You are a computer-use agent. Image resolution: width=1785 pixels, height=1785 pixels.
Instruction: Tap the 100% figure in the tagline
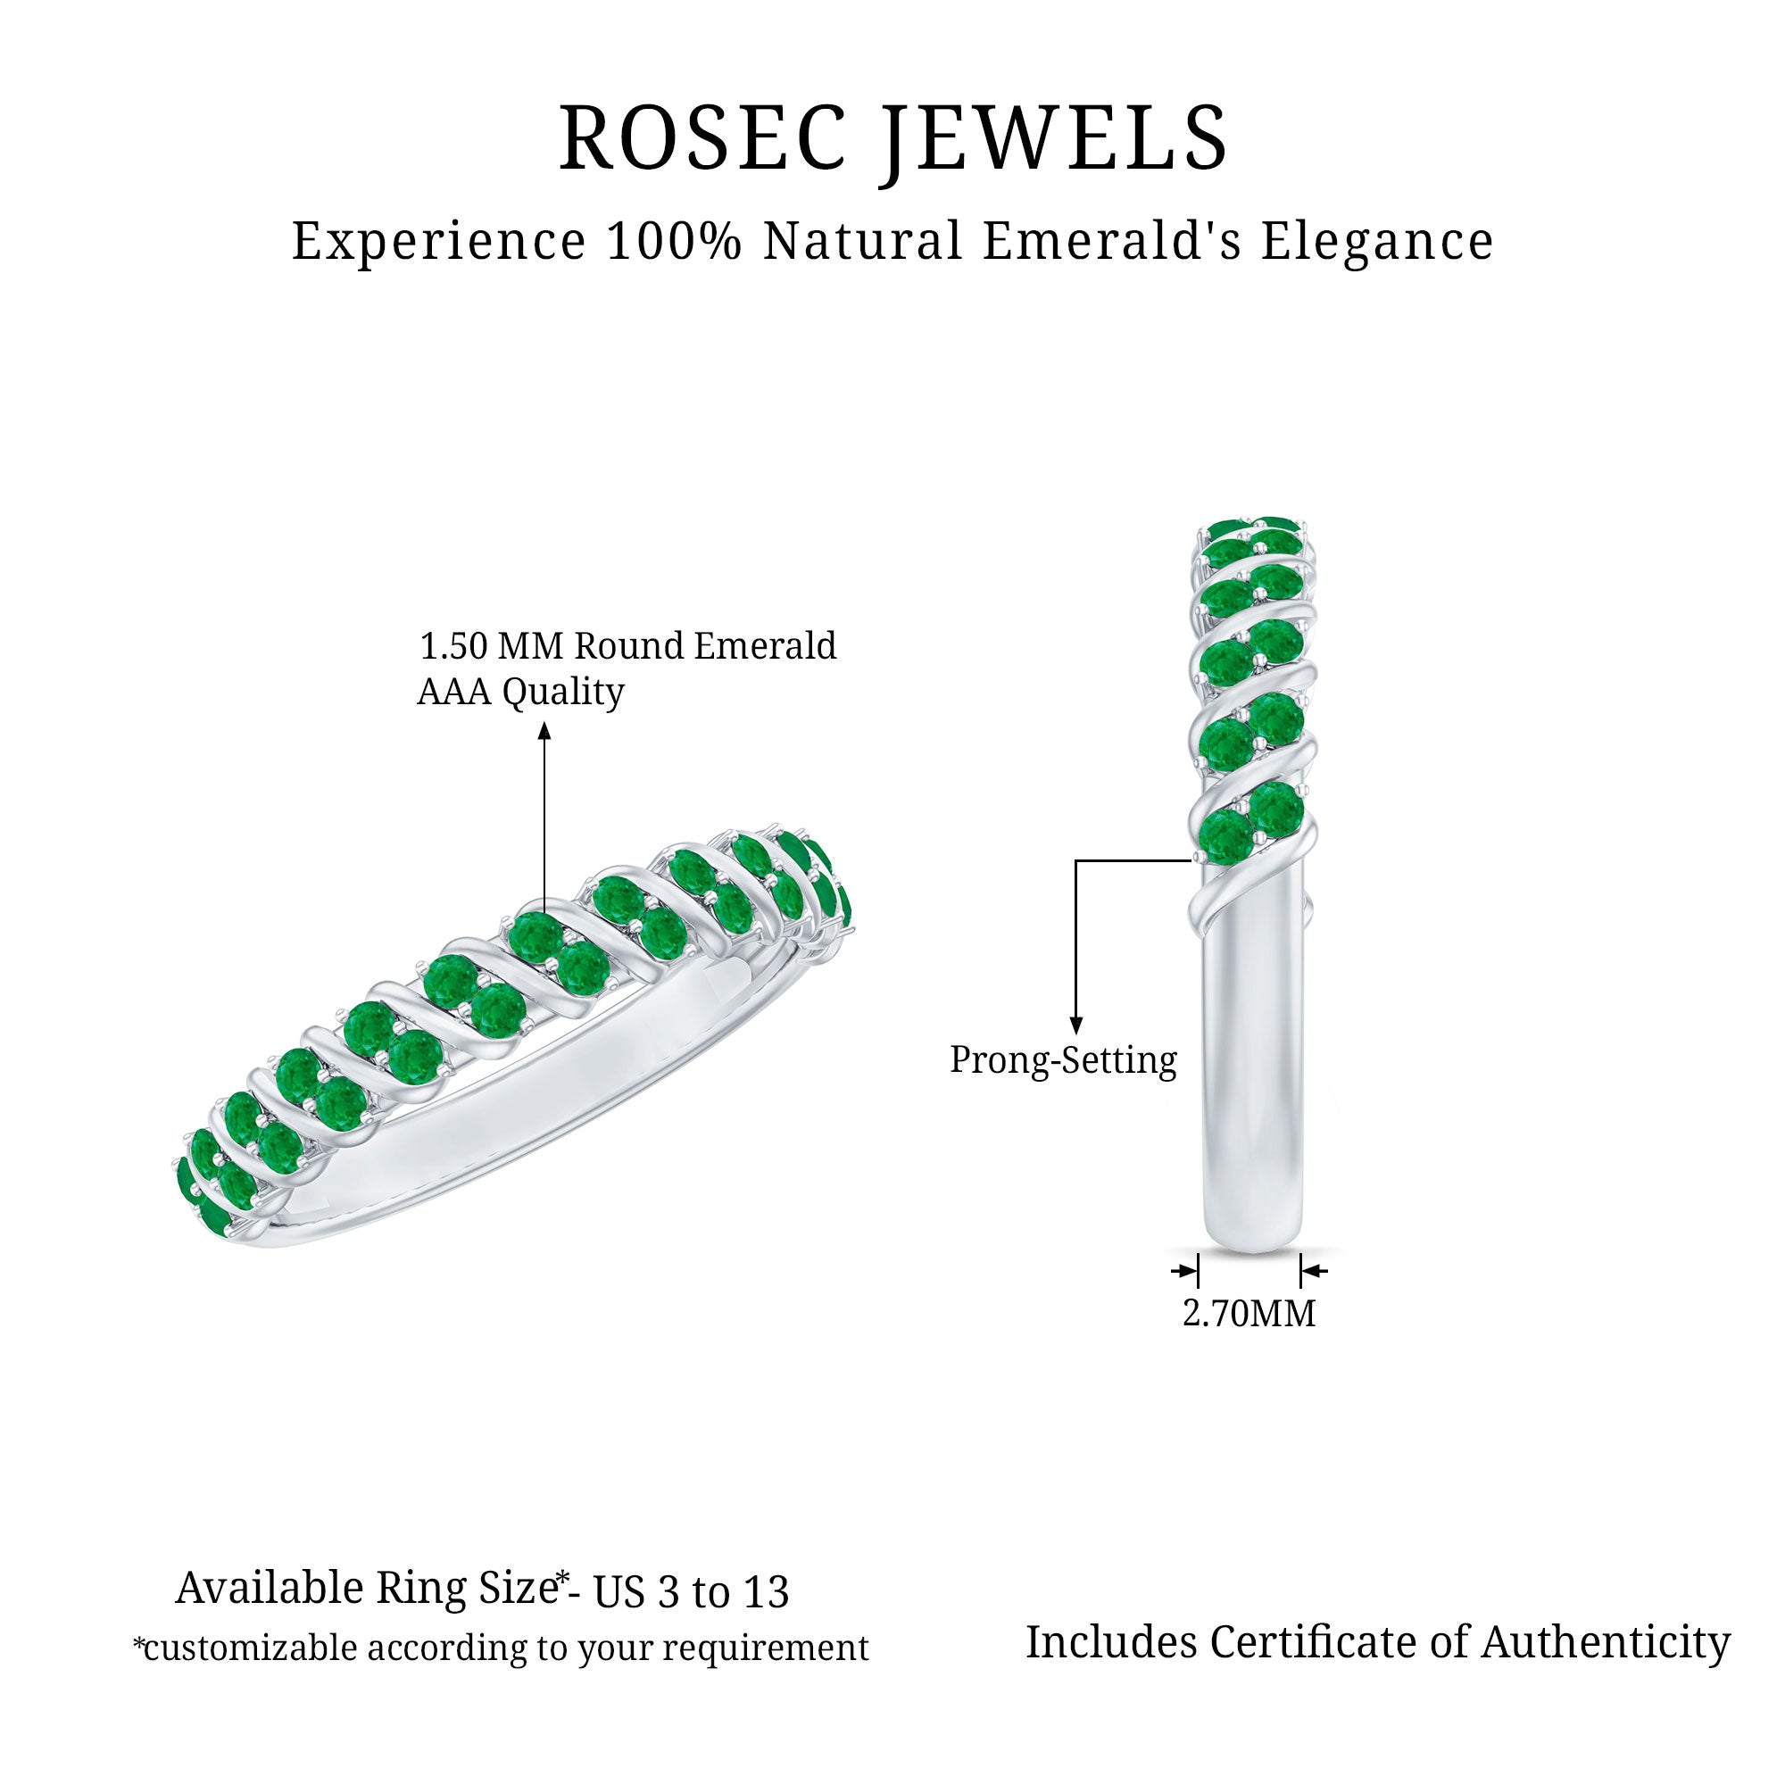pyautogui.click(x=674, y=241)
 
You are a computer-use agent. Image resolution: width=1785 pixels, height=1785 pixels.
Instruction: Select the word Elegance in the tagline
pyautogui.click(x=1376, y=241)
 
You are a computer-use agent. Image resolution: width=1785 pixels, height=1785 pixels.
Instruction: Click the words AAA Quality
pyautogui.click(x=520, y=691)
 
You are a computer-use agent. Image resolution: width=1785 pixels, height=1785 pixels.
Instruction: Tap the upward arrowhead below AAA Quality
pyautogui.click(x=545, y=732)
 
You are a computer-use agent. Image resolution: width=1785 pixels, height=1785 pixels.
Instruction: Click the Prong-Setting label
pyautogui.click(x=1064, y=1059)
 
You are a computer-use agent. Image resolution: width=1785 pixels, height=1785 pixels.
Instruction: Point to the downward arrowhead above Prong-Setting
pyautogui.click(x=1075, y=1025)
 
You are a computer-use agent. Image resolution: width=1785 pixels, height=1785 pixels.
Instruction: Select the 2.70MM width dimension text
pyautogui.click(x=1249, y=1313)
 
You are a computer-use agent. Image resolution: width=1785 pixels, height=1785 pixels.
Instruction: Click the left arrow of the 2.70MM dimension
pyautogui.click(x=1186, y=1271)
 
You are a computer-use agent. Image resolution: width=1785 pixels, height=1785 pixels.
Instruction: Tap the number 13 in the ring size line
pyautogui.click(x=764, y=1591)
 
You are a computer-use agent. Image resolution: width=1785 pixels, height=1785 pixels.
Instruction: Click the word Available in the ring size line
pyautogui.click(x=270, y=1589)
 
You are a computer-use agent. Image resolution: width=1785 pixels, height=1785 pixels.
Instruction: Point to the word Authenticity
pyautogui.click(x=1606, y=1643)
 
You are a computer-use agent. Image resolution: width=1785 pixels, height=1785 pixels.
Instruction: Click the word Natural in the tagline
pyautogui.click(x=864, y=241)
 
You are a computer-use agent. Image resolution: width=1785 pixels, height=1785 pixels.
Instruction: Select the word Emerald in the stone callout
pyautogui.click(x=765, y=647)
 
